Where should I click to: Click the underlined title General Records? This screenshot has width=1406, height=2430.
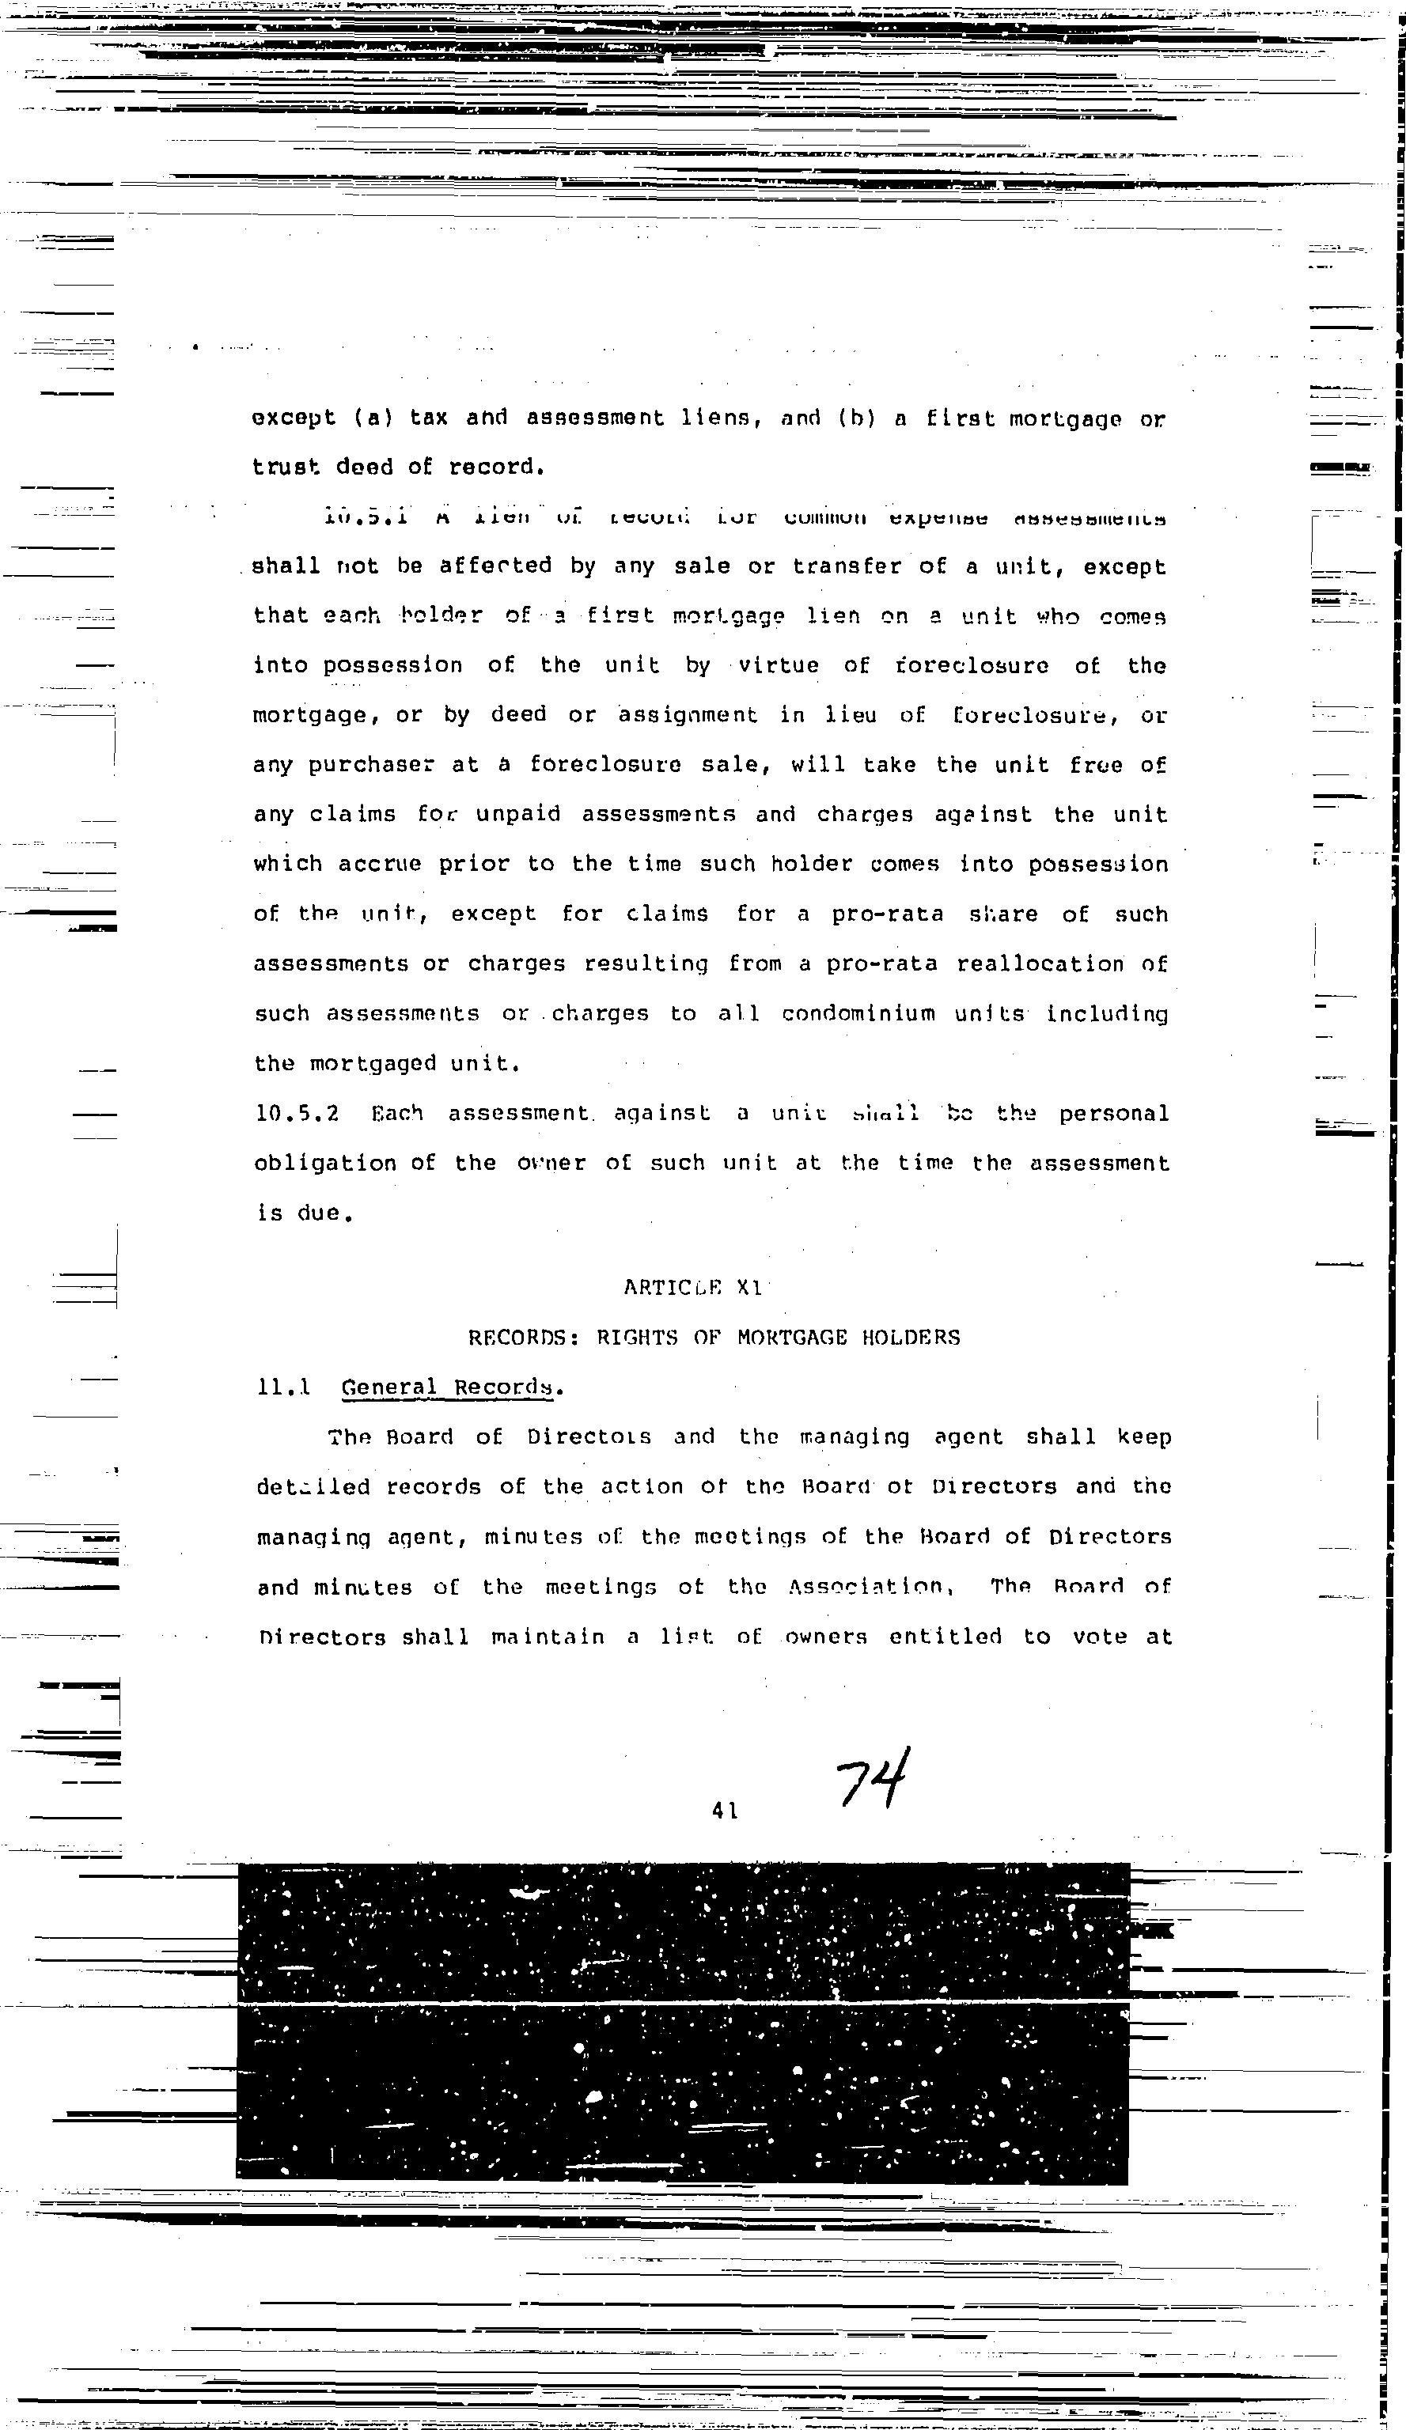pos(449,1387)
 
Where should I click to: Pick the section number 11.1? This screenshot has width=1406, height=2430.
pos(283,1387)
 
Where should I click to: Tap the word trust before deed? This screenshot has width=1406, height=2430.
pos(286,467)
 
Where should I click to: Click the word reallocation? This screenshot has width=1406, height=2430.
pos(1040,964)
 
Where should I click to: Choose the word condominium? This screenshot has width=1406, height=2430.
pos(858,1014)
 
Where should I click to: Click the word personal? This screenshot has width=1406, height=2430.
pos(1114,1114)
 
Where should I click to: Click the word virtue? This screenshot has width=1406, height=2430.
pos(779,665)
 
